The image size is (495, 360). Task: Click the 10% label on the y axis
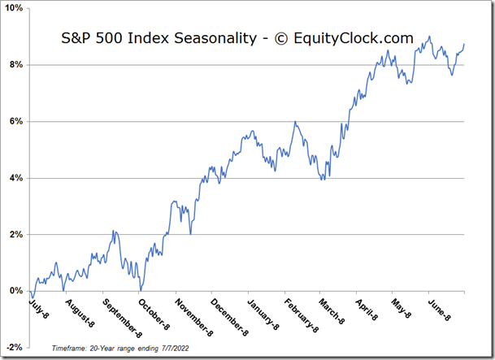click(x=15, y=8)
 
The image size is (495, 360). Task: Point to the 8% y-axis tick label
click(x=16, y=65)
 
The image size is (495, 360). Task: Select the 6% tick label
click(x=16, y=121)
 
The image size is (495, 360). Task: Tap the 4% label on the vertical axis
click(x=16, y=178)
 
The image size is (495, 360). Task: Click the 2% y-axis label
click(x=16, y=234)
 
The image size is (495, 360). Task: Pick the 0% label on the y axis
click(x=16, y=291)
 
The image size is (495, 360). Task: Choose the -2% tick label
click(x=15, y=347)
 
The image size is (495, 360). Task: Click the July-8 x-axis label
click(x=39, y=308)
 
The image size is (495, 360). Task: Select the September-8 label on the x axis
click(x=123, y=318)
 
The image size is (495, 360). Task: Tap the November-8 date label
click(x=194, y=318)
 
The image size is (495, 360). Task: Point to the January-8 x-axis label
click(x=263, y=314)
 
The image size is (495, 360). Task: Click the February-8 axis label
click(x=302, y=316)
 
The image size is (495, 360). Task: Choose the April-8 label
click(x=367, y=310)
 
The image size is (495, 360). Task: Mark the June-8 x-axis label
click(x=439, y=310)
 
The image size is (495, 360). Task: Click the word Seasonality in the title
click(x=215, y=38)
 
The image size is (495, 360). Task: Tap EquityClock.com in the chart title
click(x=354, y=38)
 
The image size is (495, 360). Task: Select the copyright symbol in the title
click(x=281, y=39)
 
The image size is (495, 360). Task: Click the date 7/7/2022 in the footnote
click(x=176, y=349)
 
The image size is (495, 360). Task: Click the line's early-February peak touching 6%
click(x=295, y=121)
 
